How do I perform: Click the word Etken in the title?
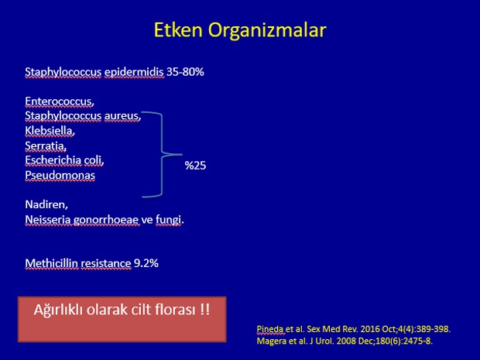pos(178,30)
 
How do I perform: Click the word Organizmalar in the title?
pos(267,31)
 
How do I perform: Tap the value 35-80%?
pos(185,72)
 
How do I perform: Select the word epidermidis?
pos(134,73)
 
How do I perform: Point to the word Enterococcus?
pos(60,101)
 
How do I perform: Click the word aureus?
pos(122,116)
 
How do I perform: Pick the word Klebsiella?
pos(50,131)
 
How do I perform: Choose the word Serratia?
pos(46,146)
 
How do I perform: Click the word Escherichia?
pos(53,160)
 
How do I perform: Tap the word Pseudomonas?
pos(60,175)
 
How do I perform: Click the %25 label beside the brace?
pos(195,166)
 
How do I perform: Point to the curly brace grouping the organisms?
pos(162,155)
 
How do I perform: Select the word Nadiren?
pos(46,204)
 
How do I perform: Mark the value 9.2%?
pos(146,263)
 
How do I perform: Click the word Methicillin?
pos(51,263)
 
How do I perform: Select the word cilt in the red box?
pos(141,310)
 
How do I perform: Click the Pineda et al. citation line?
pos(354,329)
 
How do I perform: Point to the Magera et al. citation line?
pos(345,341)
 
